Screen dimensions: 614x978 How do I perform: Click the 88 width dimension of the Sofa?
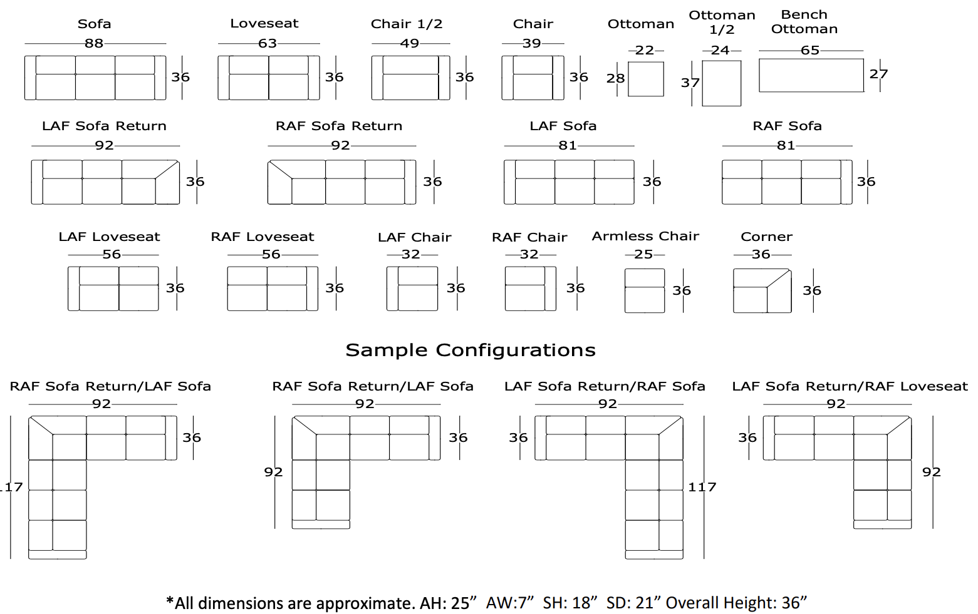(x=94, y=43)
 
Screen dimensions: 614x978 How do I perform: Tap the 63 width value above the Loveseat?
(x=268, y=43)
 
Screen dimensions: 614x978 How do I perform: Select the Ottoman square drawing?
(x=645, y=79)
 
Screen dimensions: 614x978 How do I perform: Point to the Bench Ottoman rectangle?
(x=811, y=75)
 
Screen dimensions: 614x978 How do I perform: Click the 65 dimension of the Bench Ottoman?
(x=810, y=50)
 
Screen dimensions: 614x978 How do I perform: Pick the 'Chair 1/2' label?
(x=407, y=24)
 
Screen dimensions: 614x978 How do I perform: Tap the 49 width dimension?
(x=410, y=43)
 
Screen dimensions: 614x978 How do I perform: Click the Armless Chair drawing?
(x=644, y=290)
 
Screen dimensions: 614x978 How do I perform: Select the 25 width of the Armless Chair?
(x=643, y=254)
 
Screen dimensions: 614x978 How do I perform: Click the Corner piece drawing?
(x=762, y=290)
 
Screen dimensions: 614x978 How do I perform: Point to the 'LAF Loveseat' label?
(x=109, y=237)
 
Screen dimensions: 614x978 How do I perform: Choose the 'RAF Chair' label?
(x=529, y=237)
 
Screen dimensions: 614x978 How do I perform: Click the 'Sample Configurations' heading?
(x=471, y=350)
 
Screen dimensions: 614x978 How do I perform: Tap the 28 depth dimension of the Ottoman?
(x=615, y=78)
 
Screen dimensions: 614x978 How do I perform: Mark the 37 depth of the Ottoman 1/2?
(x=690, y=83)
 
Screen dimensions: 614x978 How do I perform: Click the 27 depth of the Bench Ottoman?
(x=878, y=74)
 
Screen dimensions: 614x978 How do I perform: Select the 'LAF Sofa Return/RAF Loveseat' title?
(x=850, y=386)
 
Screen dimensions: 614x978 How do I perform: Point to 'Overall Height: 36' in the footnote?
(x=736, y=603)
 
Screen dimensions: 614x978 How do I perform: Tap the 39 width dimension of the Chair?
(x=532, y=43)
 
